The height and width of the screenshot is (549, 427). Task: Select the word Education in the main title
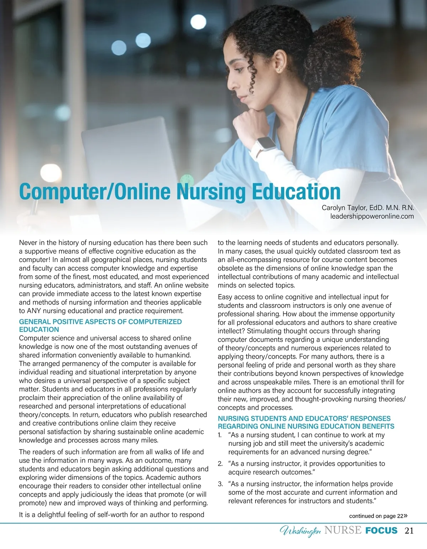296,191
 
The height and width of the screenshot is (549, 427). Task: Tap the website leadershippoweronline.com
372,216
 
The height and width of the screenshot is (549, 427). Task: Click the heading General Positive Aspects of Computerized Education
100,325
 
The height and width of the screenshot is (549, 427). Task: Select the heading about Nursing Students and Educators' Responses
306,422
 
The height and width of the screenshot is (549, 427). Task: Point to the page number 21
409,531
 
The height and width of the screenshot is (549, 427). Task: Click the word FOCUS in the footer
381,530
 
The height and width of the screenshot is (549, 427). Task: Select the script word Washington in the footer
300,531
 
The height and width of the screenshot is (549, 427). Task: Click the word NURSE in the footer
343,530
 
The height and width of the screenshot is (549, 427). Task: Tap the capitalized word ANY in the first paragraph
34,311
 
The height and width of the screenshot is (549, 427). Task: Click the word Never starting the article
28,243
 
